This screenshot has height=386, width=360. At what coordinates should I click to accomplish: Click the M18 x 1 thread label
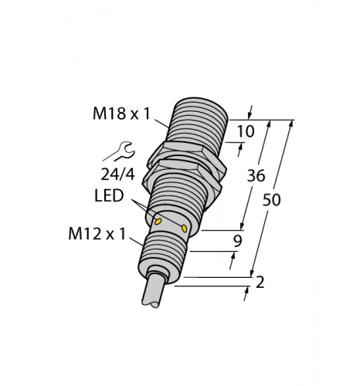[121, 113]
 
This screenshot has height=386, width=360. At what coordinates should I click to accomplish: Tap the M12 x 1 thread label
[97, 235]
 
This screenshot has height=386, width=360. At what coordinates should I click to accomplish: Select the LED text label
[109, 195]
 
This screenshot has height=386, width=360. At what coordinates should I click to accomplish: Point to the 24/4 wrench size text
[117, 175]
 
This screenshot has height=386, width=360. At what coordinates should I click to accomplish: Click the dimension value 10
[246, 131]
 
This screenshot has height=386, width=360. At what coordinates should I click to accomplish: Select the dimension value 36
[256, 176]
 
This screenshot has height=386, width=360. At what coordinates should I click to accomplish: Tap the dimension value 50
[271, 200]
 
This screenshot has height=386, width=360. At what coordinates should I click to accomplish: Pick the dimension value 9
[238, 241]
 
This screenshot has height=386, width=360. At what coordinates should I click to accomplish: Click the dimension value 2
[260, 282]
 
